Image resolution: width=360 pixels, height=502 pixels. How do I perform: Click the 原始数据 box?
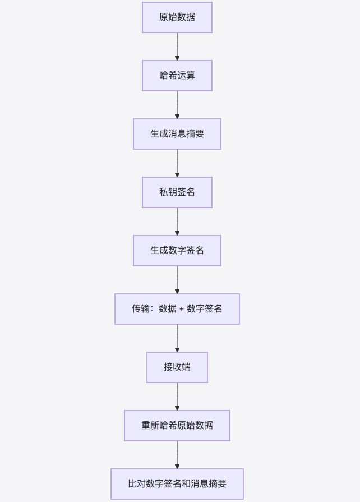pos(177,17)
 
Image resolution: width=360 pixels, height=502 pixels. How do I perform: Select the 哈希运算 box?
pos(177,76)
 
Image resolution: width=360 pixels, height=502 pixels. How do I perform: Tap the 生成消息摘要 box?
pos(177,134)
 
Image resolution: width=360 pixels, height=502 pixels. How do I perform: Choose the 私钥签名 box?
pos(177,192)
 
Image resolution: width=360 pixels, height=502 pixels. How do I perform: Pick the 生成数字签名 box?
pos(177,251)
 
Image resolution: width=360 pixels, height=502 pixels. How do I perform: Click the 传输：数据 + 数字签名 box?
pos(177,309)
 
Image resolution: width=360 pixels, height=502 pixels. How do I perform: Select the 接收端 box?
pos(177,367)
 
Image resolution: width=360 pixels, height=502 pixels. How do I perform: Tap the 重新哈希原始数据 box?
pos(177,426)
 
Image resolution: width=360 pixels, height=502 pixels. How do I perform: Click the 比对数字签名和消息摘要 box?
pos(177,484)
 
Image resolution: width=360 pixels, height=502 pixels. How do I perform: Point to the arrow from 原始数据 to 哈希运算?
pos(177,47)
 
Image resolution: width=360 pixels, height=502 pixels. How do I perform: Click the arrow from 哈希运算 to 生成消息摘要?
pos(177,105)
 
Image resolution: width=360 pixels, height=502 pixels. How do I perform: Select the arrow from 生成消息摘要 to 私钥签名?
pos(177,163)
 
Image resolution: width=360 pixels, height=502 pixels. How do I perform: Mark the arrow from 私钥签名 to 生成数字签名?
pos(177,222)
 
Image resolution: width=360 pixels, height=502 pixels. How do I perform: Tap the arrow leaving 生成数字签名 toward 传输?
pos(177,280)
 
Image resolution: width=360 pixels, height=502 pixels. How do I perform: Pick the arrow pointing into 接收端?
pos(177,338)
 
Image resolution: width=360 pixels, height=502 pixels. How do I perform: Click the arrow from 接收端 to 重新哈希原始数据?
pos(177,397)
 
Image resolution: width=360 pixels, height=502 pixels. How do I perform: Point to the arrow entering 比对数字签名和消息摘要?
pos(177,455)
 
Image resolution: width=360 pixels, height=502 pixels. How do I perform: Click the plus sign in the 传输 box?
pos(182,309)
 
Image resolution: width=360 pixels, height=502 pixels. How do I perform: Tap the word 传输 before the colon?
pos(141,309)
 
